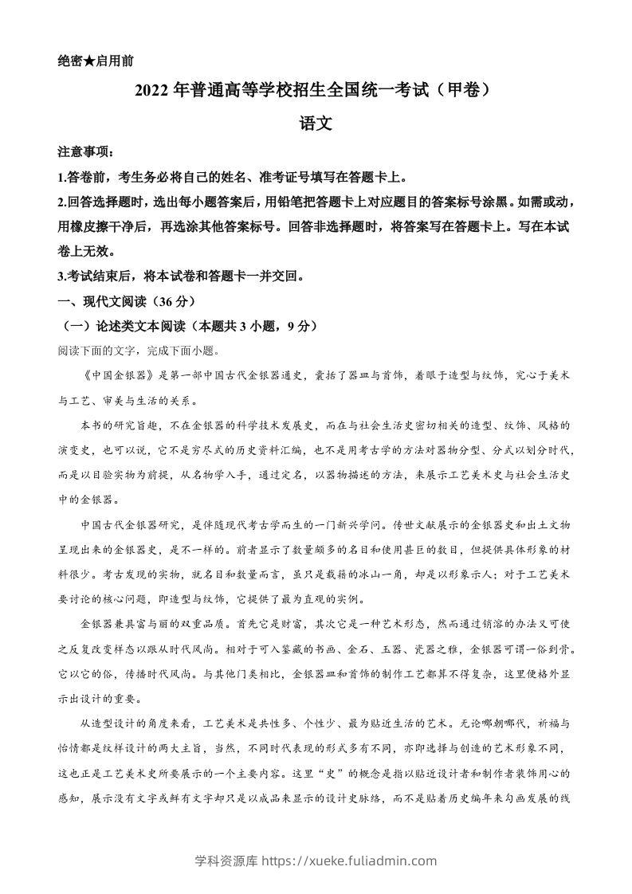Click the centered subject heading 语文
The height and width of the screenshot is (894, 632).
click(315, 124)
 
